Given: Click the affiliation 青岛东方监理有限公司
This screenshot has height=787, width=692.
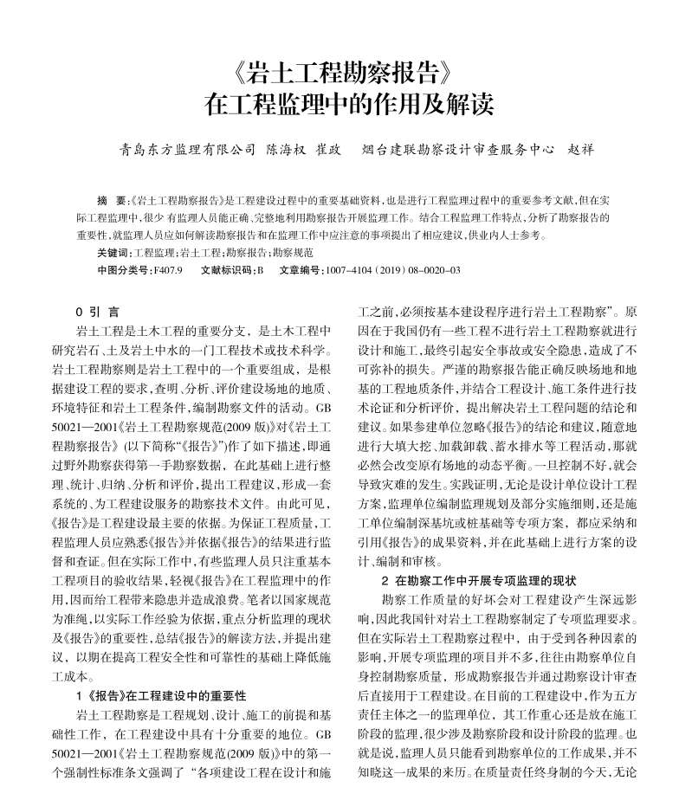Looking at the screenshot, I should point(187,149).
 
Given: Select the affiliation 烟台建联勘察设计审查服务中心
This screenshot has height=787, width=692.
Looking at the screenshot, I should point(457,149).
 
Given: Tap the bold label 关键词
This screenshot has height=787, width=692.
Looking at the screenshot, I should point(113,252).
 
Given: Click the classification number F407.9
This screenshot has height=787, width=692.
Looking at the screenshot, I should point(167,270).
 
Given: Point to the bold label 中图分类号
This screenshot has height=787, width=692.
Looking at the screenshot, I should point(123,270).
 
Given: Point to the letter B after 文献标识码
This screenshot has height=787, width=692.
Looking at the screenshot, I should point(259,270).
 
